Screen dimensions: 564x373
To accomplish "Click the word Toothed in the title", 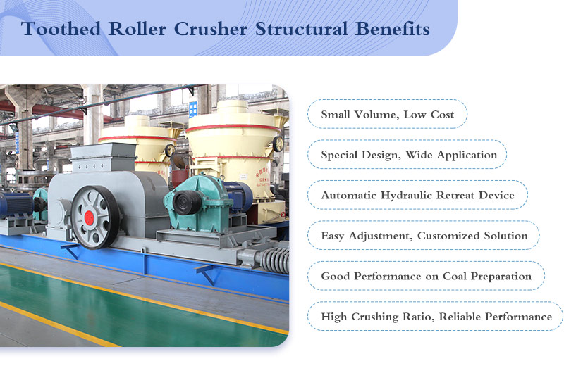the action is (x=61, y=29).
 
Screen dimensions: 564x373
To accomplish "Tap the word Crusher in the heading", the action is (x=211, y=29).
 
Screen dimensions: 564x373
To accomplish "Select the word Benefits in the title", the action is (x=393, y=29).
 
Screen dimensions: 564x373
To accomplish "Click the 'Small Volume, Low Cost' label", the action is (x=387, y=114).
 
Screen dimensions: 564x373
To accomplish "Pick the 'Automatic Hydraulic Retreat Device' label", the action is (x=417, y=195).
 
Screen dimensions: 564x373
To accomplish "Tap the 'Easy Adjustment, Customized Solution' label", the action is (x=424, y=236).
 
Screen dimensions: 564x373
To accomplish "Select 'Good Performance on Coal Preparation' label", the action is (x=427, y=276).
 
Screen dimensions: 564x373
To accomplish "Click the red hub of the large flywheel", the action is (x=90, y=217).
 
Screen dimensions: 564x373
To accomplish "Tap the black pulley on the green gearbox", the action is (x=187, y=203).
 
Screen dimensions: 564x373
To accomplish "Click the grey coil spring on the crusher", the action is (x=275, y=260).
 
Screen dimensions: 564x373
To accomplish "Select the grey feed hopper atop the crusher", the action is (x=102, y=157).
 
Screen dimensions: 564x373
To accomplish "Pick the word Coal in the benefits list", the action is (x=455, y=276).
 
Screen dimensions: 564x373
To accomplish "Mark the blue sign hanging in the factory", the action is (x=193, y=109).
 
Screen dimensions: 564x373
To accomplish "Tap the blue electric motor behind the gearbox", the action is (x=238, y=195).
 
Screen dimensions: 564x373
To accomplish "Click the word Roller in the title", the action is (x=137, y=29).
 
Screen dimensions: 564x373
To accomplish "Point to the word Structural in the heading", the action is (x=302, y=29).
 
